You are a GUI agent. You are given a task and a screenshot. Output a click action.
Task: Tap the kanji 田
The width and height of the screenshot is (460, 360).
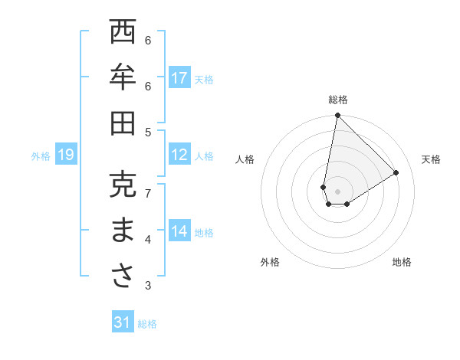(123, 123)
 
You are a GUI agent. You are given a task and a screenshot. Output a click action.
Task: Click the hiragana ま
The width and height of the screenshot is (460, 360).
(123, 231)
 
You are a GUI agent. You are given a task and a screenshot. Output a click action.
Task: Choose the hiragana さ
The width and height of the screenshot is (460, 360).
(123, 277)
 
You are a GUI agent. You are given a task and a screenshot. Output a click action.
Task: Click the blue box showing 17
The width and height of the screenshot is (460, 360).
(179, 78)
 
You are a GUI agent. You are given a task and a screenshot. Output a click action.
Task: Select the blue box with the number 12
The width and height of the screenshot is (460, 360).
(179, 155)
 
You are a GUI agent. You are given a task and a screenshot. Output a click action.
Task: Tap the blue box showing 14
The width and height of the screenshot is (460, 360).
(179, 231)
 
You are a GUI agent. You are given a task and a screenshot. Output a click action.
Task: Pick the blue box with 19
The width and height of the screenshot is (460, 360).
(65, 155)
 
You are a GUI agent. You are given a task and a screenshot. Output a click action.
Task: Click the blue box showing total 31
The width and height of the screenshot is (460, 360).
(123, 322)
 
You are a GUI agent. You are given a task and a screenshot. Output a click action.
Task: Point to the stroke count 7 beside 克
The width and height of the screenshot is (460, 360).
(148, 193)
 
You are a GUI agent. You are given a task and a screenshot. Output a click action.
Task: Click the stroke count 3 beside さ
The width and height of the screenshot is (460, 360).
(148, 286)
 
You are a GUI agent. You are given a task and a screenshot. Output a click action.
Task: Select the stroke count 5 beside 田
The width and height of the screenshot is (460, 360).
(148, 132)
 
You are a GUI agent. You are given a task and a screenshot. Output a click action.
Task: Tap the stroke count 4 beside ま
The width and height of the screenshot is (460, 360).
(148, 240)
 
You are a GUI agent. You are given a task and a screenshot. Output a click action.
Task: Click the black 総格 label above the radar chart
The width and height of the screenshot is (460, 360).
(338, 100)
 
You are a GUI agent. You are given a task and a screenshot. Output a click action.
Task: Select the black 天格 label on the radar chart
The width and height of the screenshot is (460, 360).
(432, 159)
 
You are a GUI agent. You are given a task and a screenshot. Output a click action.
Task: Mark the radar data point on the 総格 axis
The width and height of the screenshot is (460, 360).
(337, 116)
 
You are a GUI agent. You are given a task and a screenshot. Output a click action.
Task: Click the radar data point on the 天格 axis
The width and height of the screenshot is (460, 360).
(396, 172)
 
